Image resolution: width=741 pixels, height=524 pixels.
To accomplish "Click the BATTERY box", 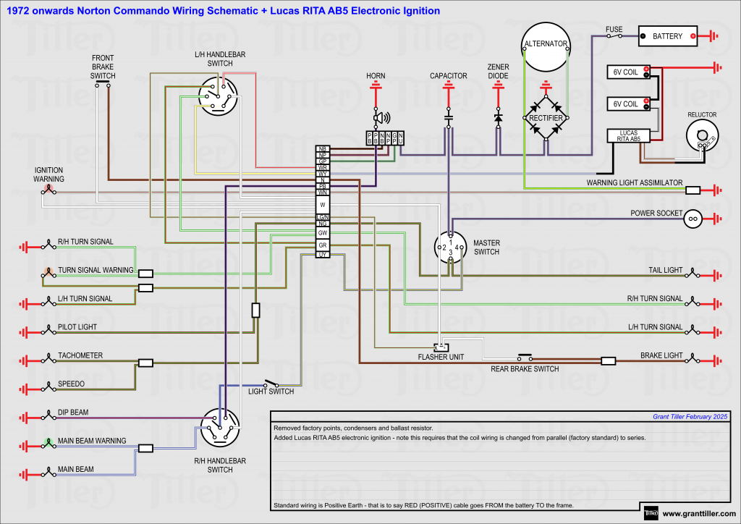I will [667, 35].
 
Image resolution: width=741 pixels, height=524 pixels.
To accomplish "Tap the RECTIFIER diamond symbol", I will [546, 117].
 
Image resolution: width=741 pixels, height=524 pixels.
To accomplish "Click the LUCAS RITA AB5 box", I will [628, 135].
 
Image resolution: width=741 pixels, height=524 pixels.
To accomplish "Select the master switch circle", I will [450, 247].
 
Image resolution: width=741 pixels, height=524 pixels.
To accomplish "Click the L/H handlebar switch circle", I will [219, 96].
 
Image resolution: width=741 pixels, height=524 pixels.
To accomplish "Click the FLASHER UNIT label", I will [441, 357].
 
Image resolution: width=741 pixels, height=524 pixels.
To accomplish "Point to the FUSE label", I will [614, 30].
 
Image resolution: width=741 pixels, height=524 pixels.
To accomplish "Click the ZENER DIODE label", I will [499, 71].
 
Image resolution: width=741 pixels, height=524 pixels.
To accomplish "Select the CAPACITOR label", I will [449, 75].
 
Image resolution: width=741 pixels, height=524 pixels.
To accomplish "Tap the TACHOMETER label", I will [80, 355].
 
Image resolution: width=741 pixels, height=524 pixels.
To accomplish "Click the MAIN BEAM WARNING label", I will [92, 441].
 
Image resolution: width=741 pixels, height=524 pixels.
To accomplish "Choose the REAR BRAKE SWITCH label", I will [525, 369].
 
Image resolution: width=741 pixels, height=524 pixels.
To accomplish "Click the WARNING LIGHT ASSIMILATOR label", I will [634, 183].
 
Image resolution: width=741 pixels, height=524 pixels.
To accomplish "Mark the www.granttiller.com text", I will [698, 514].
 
